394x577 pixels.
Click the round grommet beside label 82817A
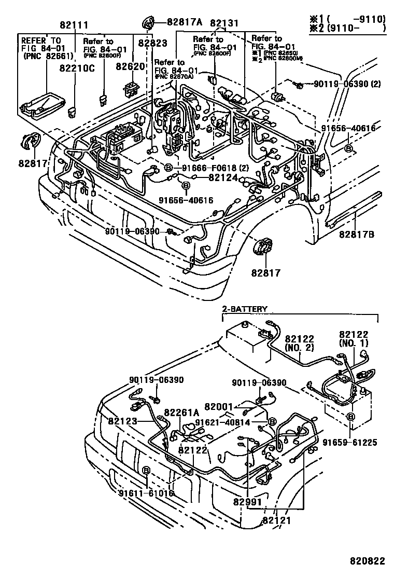[148, 23]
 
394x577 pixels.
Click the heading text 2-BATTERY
[245, 309]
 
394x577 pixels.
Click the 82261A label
[181, 413]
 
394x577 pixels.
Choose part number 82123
[123, 421]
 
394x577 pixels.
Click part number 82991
[247, 502]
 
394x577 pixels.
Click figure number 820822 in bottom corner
[367, 561]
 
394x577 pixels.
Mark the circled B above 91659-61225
[350, 417]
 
